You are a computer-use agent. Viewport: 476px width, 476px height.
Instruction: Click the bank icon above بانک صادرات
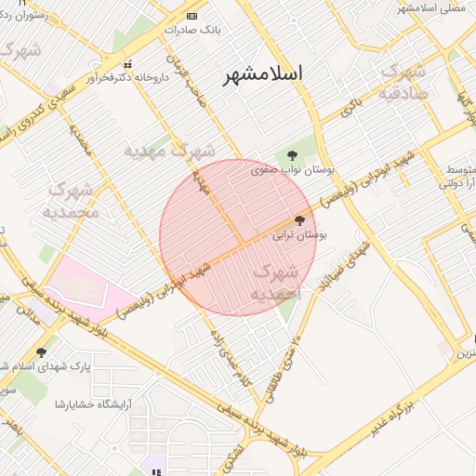pyautogui.click(x=192, y=16)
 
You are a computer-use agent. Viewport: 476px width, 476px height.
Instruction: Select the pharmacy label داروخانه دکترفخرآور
pyautogui.click(x=129, y=77)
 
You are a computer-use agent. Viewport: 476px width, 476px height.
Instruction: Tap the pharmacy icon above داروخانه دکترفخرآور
pyautogui.click(x=128, y=63)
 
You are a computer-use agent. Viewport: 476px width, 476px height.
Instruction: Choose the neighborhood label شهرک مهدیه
pyautogui.click(x=171, y=149)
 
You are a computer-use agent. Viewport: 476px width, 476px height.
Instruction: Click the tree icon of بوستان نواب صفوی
pyautogui.click(x=293, y=155)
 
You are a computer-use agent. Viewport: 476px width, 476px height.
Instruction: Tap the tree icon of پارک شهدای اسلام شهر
pyautogui.click(x=40, y=352)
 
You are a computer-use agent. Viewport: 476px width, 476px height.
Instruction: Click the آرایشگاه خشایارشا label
pyautogui.click(x=92, y=403)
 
